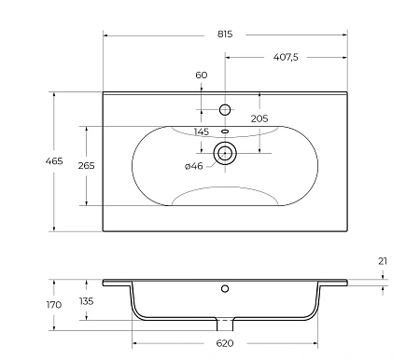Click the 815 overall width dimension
pyautogui.click(x=224, y=33)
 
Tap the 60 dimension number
pyautogui.click(x=202, y=75)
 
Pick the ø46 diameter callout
pyautogui.click(x=194, y=165)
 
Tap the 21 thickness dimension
pyautogui.click(x=384, y=262)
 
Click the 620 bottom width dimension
pyautogui.click(x=224, y=343)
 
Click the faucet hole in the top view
pyautogui.click(x=224, y=110)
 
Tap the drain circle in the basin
pyautogui.click(x=225, y=153)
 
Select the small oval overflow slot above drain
pyautogui.click(x=225, y=132)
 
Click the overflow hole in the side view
pyautogui.click(x=225, y=289)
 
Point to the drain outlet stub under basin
pyautogui.click(x=225, y=324)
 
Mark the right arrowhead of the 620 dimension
pyautogui.click(x=316, y=332)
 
